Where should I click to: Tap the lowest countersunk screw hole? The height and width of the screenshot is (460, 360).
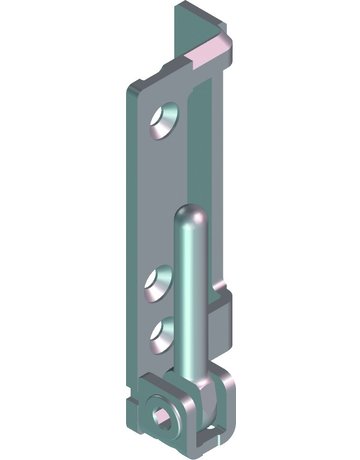pyautogui.click(x=161, y=331)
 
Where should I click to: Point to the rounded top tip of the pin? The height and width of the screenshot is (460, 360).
pyautogui.click(x=191, y=214)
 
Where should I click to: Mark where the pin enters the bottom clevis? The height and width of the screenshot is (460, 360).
pyautogui.click(x=196, y=376)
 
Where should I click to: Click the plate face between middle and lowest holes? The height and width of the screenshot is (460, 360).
pyautogui.click(x=155, y=307)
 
